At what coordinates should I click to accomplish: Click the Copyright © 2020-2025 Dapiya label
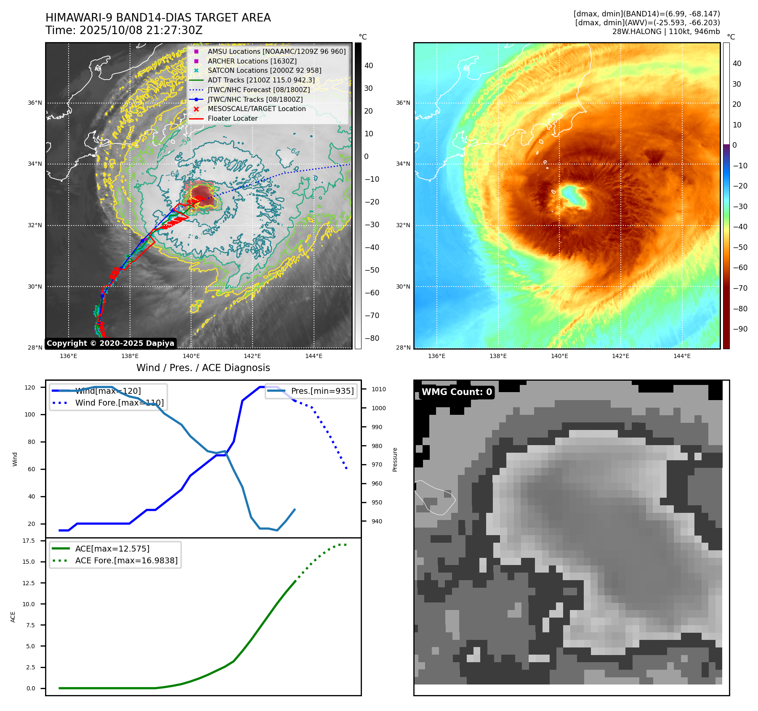coord(110,343)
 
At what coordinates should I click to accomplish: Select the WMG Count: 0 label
coord(457,392)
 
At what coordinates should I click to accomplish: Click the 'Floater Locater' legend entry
coord(232,119)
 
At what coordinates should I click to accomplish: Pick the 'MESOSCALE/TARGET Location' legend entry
coord(256,109)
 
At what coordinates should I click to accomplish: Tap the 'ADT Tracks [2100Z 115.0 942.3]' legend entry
coord(261,80)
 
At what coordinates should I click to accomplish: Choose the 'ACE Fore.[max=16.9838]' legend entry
coord(126,561)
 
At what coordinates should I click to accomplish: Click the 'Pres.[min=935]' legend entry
coord(322,391)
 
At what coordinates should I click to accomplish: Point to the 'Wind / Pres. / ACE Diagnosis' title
coord(203,368)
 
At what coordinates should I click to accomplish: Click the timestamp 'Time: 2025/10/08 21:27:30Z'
coord(124,31)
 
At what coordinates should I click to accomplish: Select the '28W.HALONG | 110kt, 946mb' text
coord(666,32)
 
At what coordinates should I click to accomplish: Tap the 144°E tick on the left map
coord(314,356)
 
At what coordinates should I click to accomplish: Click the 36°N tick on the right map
coord(403,103)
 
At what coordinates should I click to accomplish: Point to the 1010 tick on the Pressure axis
coord(378,390)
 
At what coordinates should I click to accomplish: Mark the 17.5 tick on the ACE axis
coord(29,541)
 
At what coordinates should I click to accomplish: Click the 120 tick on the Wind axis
coord(30,387)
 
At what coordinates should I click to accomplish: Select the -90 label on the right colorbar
coord(740,329)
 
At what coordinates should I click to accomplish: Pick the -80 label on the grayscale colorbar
coord(372,338)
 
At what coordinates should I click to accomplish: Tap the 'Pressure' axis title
coord(395,459)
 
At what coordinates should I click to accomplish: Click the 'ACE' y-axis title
coord(13,617)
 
